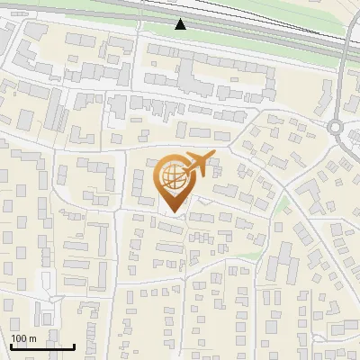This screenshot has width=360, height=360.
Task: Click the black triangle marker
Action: pos(181,23)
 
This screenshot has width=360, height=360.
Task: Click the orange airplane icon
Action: pos(197,165)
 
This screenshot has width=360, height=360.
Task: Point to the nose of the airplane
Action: pos(212,157)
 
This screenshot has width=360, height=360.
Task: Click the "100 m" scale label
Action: pos(23,338)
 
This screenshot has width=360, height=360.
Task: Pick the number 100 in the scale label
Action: pos(19,338)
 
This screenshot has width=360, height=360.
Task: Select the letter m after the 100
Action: pos(32,338)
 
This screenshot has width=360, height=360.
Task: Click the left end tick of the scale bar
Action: pos(11,346)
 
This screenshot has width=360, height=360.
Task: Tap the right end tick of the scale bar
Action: pos(75,346)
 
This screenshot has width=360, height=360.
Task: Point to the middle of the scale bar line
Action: pos(42,346)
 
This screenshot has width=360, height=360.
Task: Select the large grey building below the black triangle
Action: pos(207,76)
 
